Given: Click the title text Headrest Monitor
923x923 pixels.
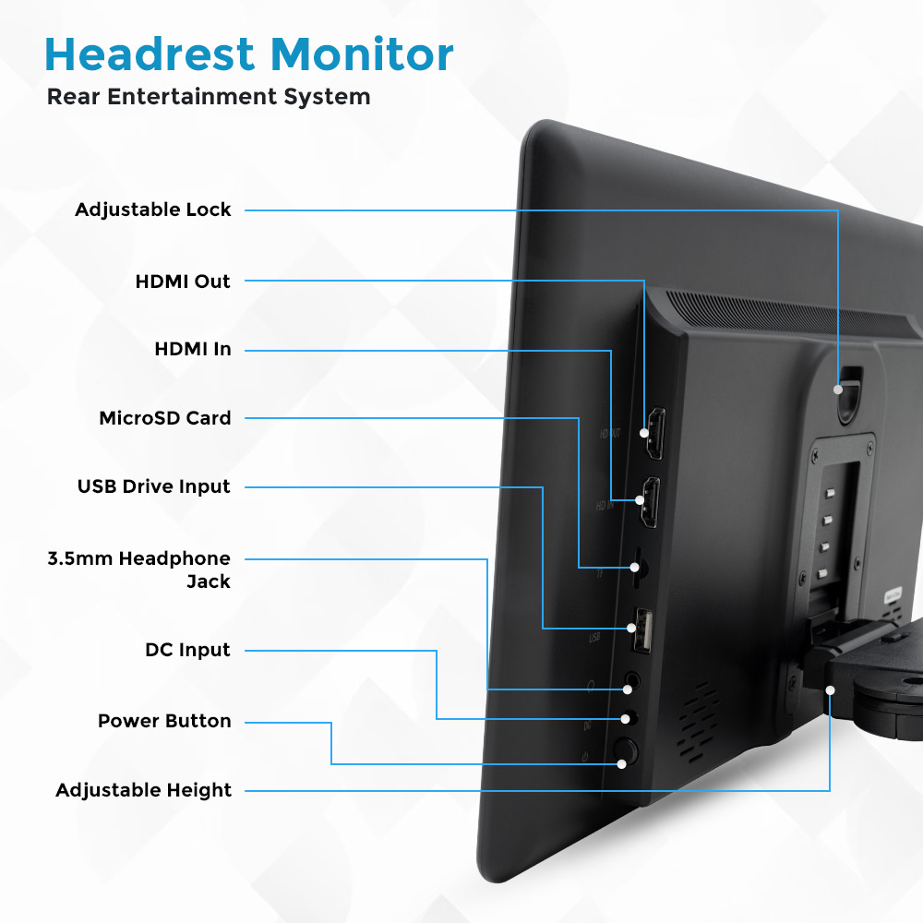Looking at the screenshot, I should (x=249, y=54).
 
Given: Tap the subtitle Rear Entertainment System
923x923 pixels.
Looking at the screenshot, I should (x=209, y=96).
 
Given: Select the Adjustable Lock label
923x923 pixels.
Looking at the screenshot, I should (x=153, y=210).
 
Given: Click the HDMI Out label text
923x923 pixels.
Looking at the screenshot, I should (x=183, y=282).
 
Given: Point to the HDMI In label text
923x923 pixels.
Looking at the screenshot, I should (x=193, y=350).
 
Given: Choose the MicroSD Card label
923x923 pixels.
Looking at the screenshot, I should (x=165, y=418).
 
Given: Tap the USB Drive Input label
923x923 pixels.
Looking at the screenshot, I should (x=153, y=486).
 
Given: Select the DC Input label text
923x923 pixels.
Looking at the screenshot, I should (x=187, y=650).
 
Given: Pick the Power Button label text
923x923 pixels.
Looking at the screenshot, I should (x=164, y=721).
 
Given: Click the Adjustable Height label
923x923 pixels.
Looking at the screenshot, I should (x=144, y=790).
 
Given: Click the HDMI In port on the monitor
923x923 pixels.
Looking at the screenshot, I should (x=650, y=501).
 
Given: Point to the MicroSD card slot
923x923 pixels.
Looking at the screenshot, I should (x=637, y=567).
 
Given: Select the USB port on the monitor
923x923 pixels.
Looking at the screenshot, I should (x=641, y=631).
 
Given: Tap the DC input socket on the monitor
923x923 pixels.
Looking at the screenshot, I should (x=628, y=718).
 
